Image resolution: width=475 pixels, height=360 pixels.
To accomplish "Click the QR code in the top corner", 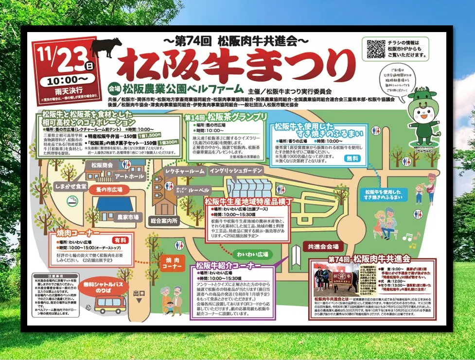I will (x=374, y=49).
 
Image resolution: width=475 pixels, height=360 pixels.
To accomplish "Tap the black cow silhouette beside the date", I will (x=106, y=48).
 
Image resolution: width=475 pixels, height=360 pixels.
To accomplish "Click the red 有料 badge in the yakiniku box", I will (x=120, y=240).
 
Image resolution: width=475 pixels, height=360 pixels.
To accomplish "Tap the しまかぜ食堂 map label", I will (x=70, y=186).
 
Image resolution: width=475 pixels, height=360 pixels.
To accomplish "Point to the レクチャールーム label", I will (x=185, y=171).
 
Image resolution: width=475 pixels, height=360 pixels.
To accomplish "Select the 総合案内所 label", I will (x=164, y=221).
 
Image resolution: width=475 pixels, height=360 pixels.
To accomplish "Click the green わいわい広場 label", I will (x=250, y=254).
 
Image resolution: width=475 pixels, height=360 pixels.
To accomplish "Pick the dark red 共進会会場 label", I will (x=323, y=246).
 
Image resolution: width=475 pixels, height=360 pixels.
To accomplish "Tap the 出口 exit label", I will (x=139, y=293).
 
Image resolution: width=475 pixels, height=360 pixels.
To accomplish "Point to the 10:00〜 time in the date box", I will (x=68, y=78).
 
